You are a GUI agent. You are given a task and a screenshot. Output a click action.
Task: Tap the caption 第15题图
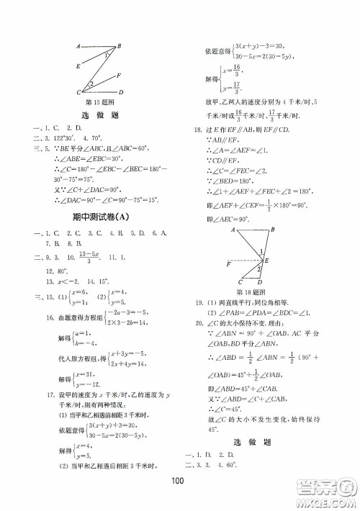96,101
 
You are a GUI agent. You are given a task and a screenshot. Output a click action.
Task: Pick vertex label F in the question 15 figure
118,76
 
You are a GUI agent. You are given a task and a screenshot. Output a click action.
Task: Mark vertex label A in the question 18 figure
234,229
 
